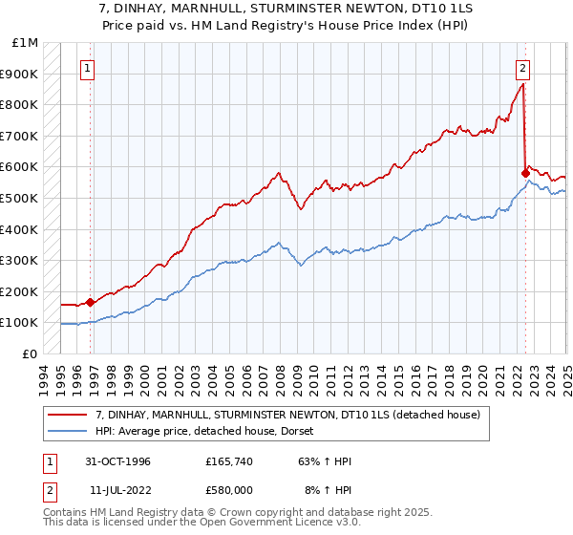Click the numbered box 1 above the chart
coord(88,68)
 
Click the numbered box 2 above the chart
coord(523,68)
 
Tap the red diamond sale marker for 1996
coord(90,302)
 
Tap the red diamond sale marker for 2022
coord(525,173)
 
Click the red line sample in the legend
coord(67,414)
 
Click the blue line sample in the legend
coord(67,431)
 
